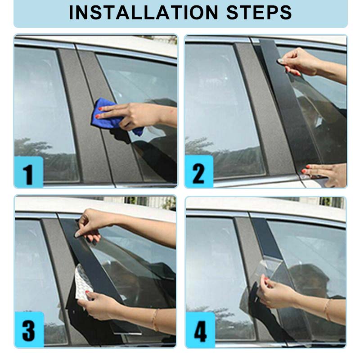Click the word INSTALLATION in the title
143,13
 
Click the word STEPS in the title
259,13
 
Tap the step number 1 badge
29,172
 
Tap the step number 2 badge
199,171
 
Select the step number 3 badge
29,329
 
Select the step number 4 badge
200,330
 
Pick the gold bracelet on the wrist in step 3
155,320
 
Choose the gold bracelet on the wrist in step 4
327,310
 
